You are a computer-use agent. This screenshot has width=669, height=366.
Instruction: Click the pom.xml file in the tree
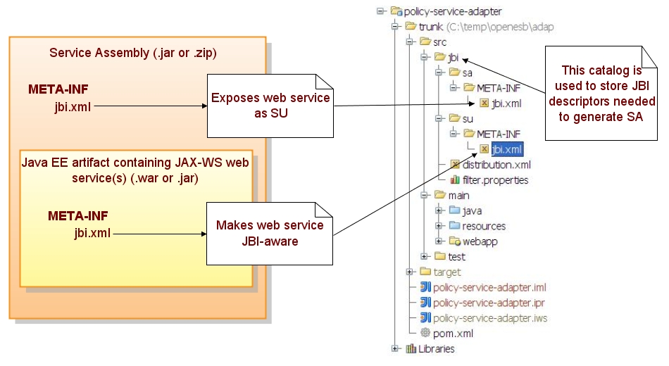pyautogui.click(x=453, y=334)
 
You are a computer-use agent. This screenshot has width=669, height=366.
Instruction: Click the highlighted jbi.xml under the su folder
pyautogui.click(x=507, y=149)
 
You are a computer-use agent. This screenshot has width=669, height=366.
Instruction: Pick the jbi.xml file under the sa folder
pyautogui.click(x=506, y=103)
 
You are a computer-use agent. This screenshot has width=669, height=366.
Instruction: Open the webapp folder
pyautogui.click(x=480, y=241)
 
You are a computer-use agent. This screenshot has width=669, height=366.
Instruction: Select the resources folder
pyautogui.click(x=483, y=226)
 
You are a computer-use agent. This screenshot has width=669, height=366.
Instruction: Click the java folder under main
pyautogui.click(x=472, y=210)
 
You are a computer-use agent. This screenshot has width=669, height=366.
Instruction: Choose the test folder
pyautogui.click(x=456, y=257)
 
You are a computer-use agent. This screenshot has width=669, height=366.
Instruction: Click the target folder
pyautogui.click(x=446, y=272)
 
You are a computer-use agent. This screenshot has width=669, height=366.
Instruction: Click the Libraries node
pyautogui.click(x=436, y=349)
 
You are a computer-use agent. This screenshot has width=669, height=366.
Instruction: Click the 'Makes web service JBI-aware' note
pyautogui.click(x=270, y=233)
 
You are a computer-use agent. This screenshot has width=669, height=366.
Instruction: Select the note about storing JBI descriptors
pyautogui.click(x=601, y=94)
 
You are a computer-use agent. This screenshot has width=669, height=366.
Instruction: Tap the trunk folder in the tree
pyautogui.click(x=430, y=27)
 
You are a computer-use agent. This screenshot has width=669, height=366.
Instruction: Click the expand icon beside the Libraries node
pyautogui.click(x=395, y=349)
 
